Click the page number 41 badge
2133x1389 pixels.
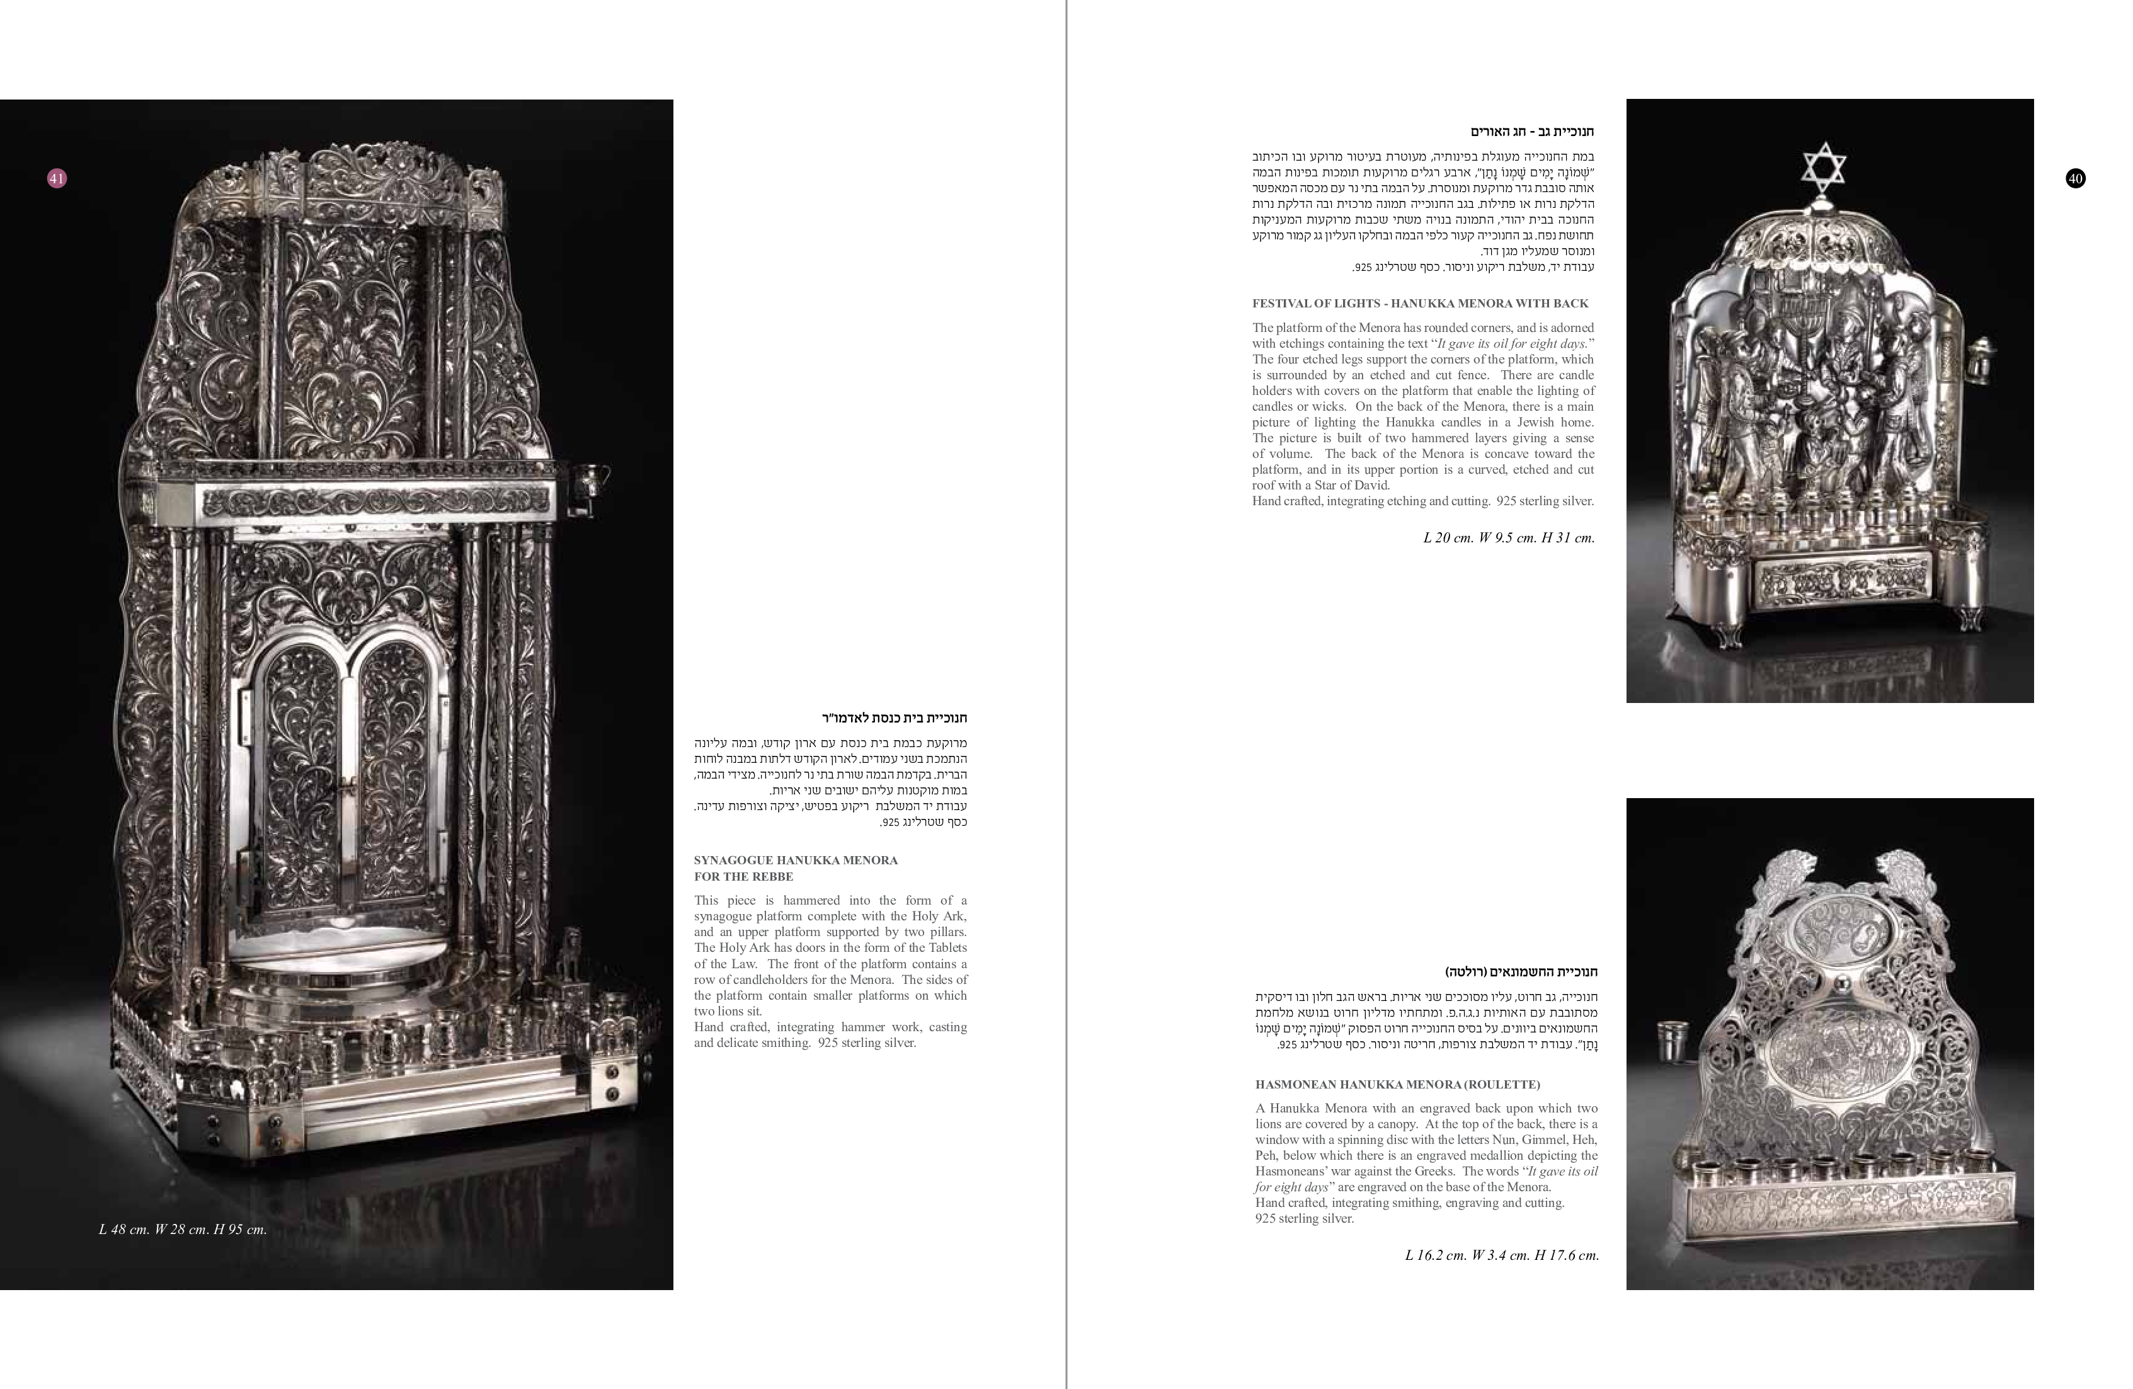click(x=57, y=178)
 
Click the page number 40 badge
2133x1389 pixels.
click(x=2076, y=178)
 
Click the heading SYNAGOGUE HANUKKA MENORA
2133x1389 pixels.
click(x=796, y=860)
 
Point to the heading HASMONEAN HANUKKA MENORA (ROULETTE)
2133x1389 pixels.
click(x=1398, y=1084)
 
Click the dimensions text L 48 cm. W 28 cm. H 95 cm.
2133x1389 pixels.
click(x=183, y=1230)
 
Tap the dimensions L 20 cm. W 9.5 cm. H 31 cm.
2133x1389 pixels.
click(x=1509, y=538)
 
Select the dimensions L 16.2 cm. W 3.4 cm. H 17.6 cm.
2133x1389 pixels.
click(x=1502, y=1255)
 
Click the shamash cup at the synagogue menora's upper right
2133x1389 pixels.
click(x=592, y=479)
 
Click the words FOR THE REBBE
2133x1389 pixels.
click(x=744, y=876)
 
